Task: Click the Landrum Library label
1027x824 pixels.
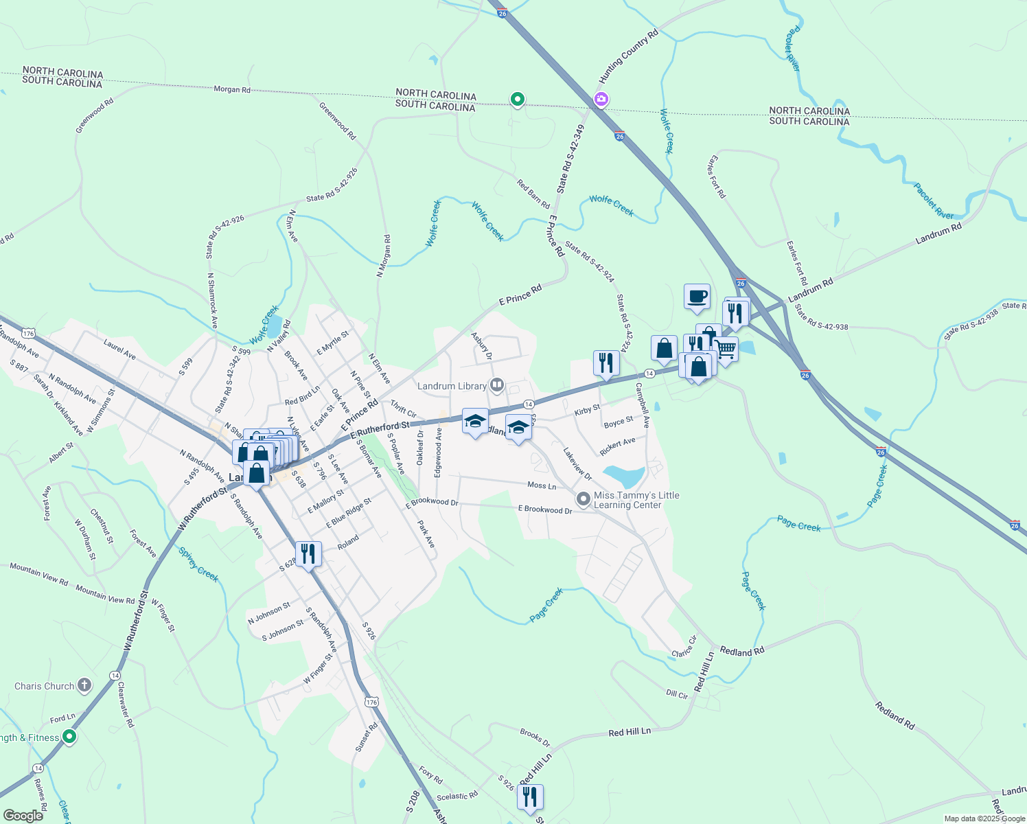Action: pos(452,386)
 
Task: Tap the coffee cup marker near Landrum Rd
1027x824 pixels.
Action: pos(697,297)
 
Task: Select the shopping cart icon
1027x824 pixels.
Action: pos(725,349)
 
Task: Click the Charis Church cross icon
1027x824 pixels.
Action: pos(84,685)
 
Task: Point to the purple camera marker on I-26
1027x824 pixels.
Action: pos(601,100)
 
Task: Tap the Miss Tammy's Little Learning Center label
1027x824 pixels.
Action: pos(636,500)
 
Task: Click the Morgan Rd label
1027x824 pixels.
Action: pos(232,89)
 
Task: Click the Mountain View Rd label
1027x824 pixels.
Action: pos(39,574)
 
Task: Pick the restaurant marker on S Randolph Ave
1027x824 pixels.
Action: pos(308,553)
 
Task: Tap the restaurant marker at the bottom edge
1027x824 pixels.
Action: pos(530,797)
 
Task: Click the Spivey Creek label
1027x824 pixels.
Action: pos(198,564)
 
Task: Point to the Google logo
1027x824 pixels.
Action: pos(23,815)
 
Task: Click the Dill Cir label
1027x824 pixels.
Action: pos(677,694)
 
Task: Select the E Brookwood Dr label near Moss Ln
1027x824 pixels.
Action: pos(545,510)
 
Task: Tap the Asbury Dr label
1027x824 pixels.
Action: pos(482,345)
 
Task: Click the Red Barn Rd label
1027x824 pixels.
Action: pos(533,194)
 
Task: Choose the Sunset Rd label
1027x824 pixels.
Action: pos(367,737)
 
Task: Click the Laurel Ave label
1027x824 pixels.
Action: pos(119,348)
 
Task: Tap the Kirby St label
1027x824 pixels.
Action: pos(587,411)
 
